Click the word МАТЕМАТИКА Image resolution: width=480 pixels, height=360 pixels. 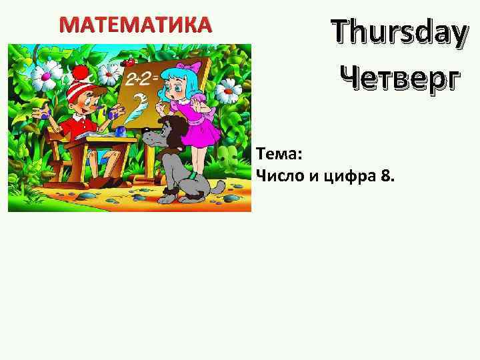tap(135, 25)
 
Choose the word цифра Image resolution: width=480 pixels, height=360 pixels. tap(347, 176)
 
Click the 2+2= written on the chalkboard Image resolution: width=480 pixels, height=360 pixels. tap(142, 79)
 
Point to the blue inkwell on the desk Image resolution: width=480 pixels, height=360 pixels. tap(120, 131)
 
